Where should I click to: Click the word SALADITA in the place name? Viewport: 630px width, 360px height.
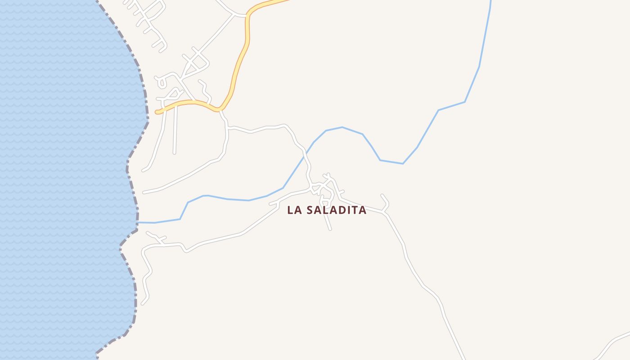coord(336,210)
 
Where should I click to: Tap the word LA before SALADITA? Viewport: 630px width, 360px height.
coord(294,210)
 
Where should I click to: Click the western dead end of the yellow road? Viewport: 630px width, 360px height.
coord(157,112)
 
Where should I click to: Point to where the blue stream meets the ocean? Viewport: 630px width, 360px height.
coord(138,222)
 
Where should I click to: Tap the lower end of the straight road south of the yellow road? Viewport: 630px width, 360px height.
coord(174,153)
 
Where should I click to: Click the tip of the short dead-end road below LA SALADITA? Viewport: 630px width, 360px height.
coord(330,229)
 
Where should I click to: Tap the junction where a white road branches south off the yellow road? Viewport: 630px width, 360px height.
coord(220,110)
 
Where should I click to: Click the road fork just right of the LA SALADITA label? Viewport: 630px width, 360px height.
coord(385,211)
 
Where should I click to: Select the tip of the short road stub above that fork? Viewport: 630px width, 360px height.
coord(382,195)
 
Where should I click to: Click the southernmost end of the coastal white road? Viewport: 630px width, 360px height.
coord(142,304)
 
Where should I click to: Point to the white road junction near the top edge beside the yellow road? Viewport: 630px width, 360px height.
coord(234,14)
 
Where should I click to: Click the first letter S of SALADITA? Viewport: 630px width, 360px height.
coord(310,210)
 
